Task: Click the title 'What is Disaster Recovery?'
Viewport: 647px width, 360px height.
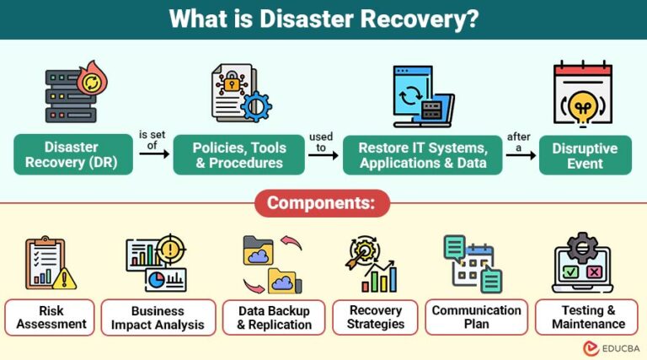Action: tap(323, 19)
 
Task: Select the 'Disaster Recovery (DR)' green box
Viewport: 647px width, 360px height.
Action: tap(73, 154)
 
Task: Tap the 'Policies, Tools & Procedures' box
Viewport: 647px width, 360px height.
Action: tap(239, 154)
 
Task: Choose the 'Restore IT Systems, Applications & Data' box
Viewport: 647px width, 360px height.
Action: tap(422, 154)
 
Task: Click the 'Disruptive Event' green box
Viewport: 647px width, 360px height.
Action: tap(586, 154)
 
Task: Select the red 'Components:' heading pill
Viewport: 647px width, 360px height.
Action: tap(323, 203)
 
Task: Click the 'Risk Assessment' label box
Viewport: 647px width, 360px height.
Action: tap(50, 317)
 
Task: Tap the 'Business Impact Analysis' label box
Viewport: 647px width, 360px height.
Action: tap(159, 317)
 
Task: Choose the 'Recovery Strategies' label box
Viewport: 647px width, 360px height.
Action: tap(375, 317)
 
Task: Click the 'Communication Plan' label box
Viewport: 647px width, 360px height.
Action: tap(477, 317)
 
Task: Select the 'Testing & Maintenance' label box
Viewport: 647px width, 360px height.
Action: tap(589, 317)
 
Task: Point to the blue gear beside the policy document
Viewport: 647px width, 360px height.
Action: tap(255, 107)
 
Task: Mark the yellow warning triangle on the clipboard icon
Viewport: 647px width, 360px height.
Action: tap(67, 277)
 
